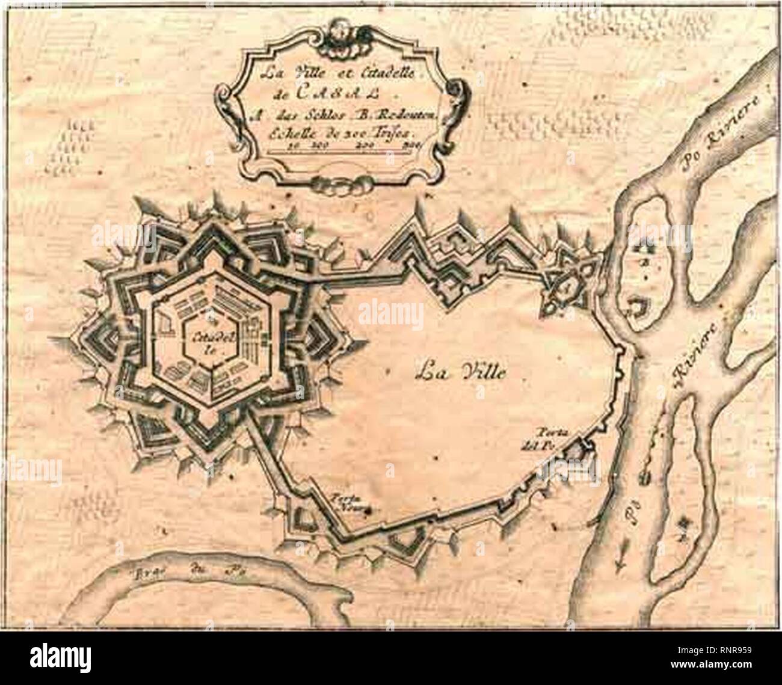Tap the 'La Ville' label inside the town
pos(461,372)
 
